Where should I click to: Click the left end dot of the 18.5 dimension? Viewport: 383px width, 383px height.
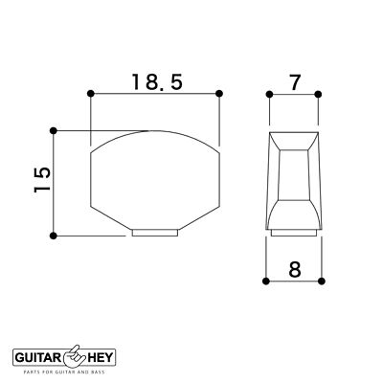click(x=90, y=93)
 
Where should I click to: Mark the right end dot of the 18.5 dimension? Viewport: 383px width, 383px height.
click(x=220, y=93)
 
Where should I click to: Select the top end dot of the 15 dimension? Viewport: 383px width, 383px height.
click(x=55, y=129)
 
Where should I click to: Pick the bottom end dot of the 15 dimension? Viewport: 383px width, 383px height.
click(x=55, y=235)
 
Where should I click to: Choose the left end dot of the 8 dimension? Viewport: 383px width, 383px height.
click(x=263, y=282)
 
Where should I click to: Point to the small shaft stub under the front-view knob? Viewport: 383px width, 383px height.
click(x=155, y=232)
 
